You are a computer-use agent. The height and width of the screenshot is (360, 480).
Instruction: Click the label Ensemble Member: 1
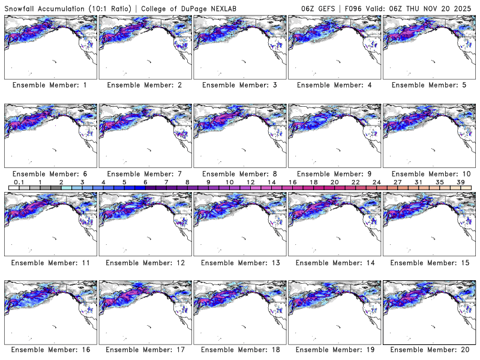tap(49, 85)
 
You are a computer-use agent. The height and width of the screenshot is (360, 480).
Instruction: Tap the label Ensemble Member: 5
tap(428, 85)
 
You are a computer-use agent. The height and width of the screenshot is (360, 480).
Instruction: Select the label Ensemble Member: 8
tap(239, 174)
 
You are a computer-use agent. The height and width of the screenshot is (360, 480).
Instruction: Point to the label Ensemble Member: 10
tap(428, 174)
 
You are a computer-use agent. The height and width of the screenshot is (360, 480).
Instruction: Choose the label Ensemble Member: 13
tap(239, 263)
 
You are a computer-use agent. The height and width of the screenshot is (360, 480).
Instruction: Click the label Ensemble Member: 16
tap(49, 349)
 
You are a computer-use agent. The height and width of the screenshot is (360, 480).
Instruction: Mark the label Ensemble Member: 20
tap(428, 349)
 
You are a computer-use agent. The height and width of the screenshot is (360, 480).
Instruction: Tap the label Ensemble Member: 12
tap(144, 263)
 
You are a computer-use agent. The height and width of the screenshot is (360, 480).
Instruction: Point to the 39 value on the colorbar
tap(460, 182)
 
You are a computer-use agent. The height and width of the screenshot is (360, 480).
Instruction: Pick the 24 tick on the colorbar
tap(376, 182)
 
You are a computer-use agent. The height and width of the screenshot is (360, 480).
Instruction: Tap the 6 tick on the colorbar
tap(145, 182)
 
